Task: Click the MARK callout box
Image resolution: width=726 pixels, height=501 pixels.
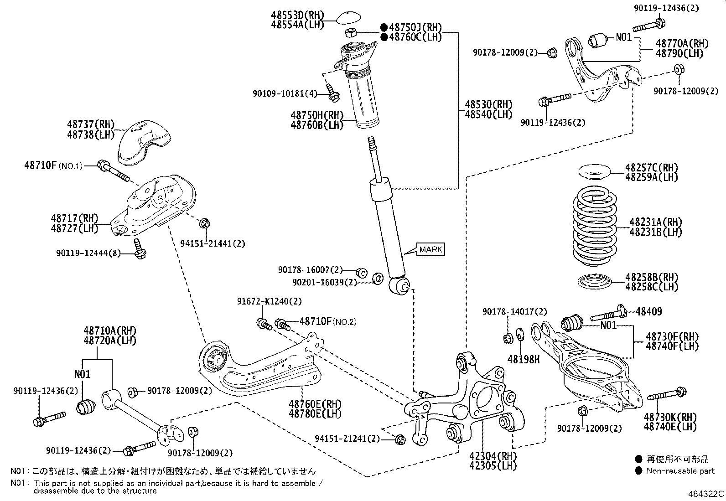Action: click(x=430, y=249)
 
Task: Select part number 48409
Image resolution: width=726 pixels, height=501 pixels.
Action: click(x=648, y=311)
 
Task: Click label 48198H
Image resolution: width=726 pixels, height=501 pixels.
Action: click(x=524, y=360)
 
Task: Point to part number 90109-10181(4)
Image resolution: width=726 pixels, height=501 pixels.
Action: click(x=285, y=93)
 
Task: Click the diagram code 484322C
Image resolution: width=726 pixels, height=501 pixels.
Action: click(x=705, y=494)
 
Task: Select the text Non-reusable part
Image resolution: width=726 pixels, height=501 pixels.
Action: click(x=680, y=471)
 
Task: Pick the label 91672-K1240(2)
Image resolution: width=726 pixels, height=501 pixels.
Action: click(x=269, y=301)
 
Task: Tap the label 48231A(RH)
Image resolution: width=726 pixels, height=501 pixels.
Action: click(x=655, y=222)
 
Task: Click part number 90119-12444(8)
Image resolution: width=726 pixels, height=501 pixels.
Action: click(x=88, y=253)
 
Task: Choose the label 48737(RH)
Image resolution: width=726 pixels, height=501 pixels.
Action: click(x=91, y=124)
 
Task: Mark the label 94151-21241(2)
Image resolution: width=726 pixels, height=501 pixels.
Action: click(x=347, y=439)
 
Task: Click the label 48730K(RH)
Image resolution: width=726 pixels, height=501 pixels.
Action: click(x=670, y=417)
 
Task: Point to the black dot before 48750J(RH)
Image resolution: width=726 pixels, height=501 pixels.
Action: click(x=384, y=27)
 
